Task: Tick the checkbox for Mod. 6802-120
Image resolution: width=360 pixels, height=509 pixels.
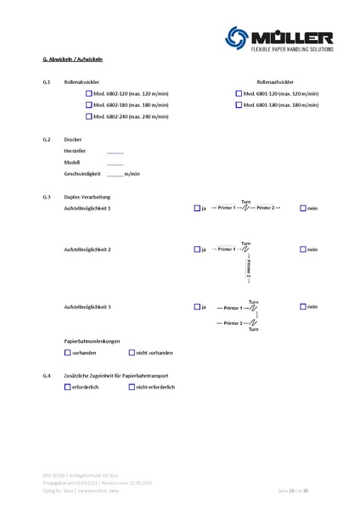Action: pos(89,93)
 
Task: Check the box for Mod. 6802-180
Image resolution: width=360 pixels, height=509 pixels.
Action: pos(89,104)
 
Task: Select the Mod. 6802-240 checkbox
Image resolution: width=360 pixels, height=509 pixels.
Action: pos(89,115)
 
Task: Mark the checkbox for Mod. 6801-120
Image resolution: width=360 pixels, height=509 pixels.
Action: pos(239,93)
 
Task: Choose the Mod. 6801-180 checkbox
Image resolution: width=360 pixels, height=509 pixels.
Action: pos(239,104)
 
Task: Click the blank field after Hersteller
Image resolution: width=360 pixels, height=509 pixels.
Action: pos(115,149)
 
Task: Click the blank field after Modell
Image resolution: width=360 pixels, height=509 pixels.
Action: pos(115,161)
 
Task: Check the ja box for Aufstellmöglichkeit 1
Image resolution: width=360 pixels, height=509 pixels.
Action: pos(197,208)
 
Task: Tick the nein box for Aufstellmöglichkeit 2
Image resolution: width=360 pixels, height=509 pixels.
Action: pos(303,249)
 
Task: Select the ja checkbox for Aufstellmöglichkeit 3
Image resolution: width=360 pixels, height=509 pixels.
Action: pos(197,306)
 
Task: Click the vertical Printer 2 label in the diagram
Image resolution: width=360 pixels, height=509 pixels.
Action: pos(249,269)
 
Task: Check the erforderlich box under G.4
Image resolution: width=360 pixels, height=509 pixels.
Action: pos(68,386)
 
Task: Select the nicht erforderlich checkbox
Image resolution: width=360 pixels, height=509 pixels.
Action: pos(132,386)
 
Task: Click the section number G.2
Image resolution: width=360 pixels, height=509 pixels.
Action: pos(47,138)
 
